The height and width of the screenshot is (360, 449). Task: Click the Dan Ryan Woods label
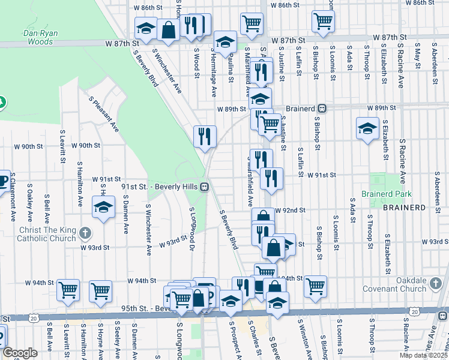[41, 37]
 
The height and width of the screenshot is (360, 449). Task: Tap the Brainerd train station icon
[322, 108]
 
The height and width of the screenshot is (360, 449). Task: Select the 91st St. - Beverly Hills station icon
[205, 187]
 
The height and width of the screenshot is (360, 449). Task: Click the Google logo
[20, 353]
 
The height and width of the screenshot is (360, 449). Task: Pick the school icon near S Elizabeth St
[367, 128]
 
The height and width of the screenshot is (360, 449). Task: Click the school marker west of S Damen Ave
[103, 207]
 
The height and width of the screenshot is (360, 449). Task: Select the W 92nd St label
[291, 211]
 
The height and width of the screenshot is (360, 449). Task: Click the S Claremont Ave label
[13, 202]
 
